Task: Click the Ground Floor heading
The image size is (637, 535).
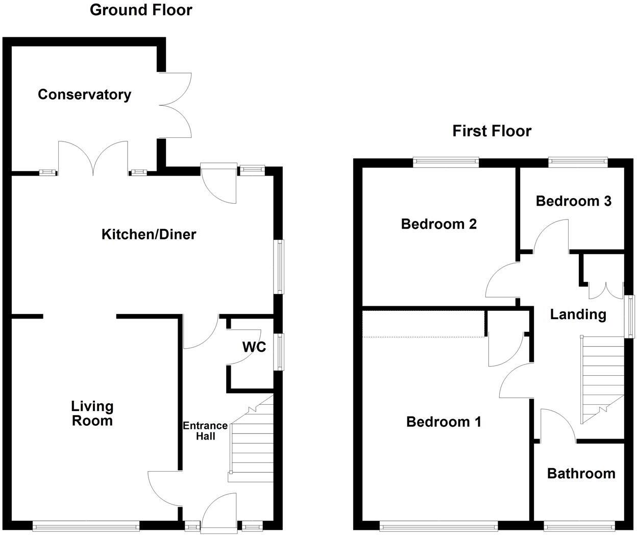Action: pyautogui.click(x=141, y=10)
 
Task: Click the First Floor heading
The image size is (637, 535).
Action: pyautogui.click(x=492, y=131)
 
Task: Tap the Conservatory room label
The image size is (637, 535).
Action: pyautogui.click(x=84, y=94)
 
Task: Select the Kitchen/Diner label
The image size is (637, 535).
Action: pyautogui.click(x=149, y=234)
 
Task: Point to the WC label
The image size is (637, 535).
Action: pyautogui.click(x=254, y=347)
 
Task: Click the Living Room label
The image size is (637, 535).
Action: pyautogui.click(x=92, y=414)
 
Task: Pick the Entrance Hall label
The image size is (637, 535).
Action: pyautogui.click(x=205, y=431)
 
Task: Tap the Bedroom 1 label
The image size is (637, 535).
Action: pyautogui.click(x=444, y=422)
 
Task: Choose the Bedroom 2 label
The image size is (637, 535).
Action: pyautogui.click(x=438, y=224)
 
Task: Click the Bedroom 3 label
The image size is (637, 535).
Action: pyautogui.click(x=573, y=201)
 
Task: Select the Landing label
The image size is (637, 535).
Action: pyautogui.click(x=578, y=314)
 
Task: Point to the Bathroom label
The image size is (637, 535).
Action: pyautogui.click(x=581, y=474)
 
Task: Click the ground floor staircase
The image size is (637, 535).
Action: pyautogui.click(x=251, y=442)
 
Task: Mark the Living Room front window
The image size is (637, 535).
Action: pyautogui.click(x=86, y=525)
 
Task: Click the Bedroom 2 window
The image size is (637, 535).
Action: pyautogui.click(x=446, y=162)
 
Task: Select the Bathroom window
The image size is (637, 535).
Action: pyautogui.click(x=578, y=525)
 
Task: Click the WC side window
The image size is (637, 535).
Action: pyautogui.click(x=279, y=351)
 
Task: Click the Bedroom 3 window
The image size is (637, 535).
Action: pyautogui.click(x=578, y=162)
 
